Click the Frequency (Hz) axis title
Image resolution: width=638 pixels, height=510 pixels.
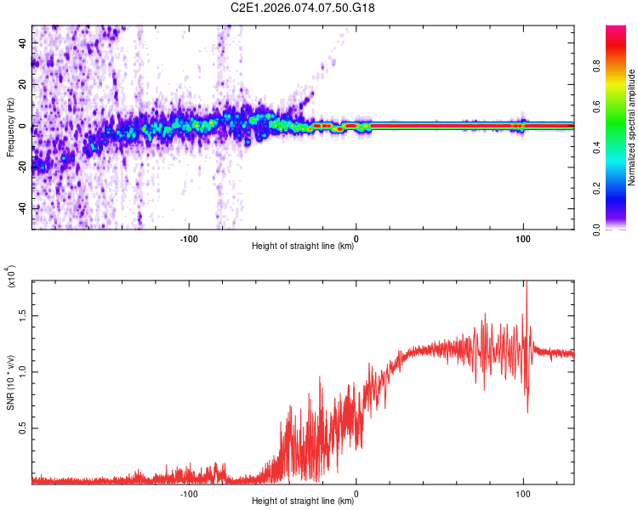(10, 127)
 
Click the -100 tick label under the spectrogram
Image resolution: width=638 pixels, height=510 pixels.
(189, 239)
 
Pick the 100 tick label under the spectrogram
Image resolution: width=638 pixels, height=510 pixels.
(523, 239)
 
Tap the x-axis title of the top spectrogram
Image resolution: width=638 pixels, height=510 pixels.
(303, 246)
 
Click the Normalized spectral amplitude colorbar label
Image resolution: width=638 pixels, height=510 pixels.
(630, 127)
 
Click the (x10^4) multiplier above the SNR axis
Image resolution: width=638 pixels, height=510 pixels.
(12, 276)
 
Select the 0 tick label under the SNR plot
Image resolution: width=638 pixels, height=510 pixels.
(356, 494)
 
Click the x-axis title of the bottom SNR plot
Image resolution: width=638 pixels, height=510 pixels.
(303, 501)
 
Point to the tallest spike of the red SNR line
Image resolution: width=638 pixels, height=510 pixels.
(527, 282)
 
